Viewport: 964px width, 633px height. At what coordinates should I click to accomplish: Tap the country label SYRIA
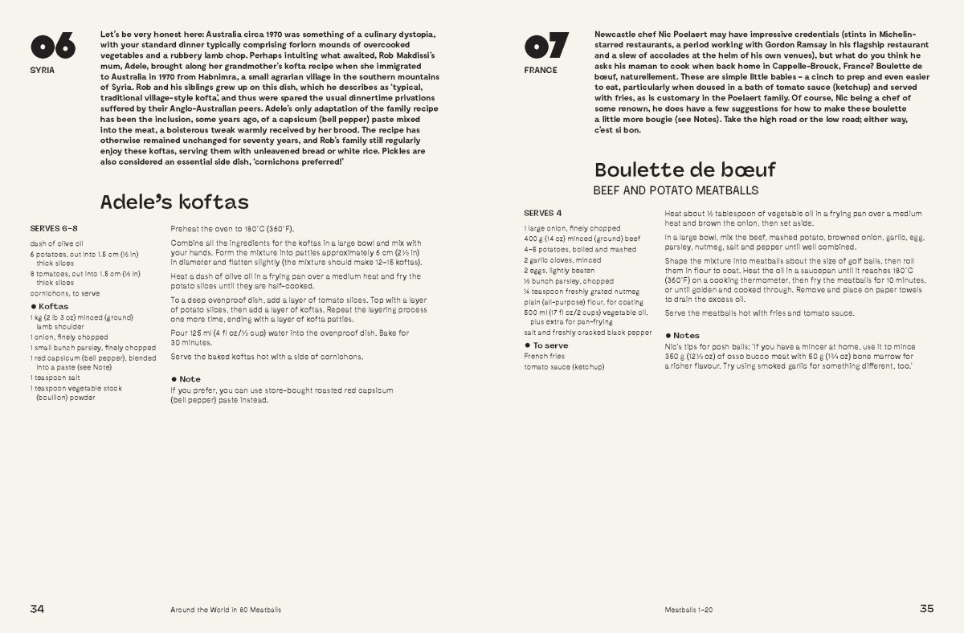(42, 70)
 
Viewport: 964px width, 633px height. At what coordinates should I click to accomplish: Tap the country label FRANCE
(540, 70)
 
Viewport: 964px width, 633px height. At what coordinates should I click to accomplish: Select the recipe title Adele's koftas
(174, 201)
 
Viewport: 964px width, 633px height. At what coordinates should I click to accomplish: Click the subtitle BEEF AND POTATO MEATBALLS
(676, 191)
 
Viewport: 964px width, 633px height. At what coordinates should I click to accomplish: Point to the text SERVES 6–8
(54, 228)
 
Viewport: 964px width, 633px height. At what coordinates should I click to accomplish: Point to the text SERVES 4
(543, 213)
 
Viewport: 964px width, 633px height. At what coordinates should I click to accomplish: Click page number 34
(37, 608)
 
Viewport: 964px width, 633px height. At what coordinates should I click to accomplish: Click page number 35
(926, 608)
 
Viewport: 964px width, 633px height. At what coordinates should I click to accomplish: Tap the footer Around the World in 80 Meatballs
(226, 610)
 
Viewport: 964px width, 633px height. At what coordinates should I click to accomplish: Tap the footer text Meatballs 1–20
(688, 610)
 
